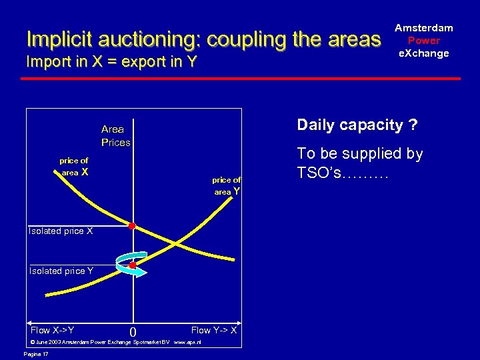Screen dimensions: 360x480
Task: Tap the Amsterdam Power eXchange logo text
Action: point(423,40)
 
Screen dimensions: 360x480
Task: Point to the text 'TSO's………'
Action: point(343,173)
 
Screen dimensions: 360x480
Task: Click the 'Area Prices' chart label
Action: point(115,135)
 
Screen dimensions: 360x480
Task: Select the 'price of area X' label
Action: point(74,167)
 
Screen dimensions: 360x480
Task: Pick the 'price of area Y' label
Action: point(227,185)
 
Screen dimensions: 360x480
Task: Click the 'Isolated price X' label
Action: point(61,231)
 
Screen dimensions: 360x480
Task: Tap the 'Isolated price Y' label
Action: point(61,271)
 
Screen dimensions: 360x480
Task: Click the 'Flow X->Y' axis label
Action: point(53,330)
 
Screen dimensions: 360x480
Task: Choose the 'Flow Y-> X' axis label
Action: point(213,330)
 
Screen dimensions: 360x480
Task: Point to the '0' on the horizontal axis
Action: point(133,332)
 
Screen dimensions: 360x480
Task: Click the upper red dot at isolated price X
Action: point(132,227)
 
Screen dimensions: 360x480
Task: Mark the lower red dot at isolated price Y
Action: point(133,265)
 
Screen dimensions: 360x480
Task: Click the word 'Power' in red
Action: point(423,40)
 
